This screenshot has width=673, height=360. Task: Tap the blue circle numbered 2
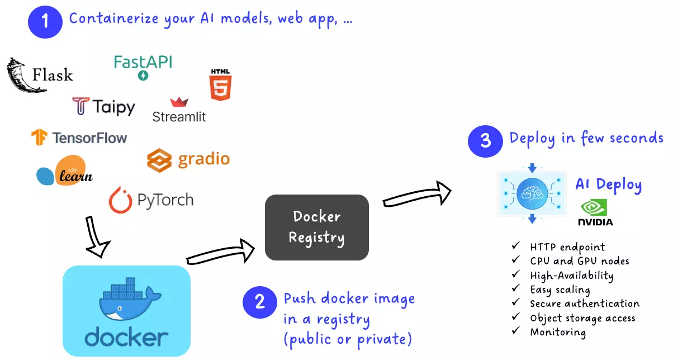click(260, 302)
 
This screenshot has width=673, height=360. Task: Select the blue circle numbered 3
click(485, 140)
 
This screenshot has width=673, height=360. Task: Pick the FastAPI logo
click(143, 67)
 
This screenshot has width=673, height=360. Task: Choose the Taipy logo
click(104, 106)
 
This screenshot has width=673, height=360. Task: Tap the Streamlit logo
click(179, 110)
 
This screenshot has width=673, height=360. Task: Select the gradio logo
click(188, 159)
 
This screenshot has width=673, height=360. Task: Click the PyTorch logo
click(151, 200)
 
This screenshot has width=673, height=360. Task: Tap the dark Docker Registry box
click(316, 227)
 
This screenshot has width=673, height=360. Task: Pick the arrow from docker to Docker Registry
click(220, 253)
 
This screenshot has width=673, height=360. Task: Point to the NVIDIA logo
click(595, 213)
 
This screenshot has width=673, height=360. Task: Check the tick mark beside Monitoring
click(515, 331)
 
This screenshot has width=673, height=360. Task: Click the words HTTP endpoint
click(567, 247)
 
